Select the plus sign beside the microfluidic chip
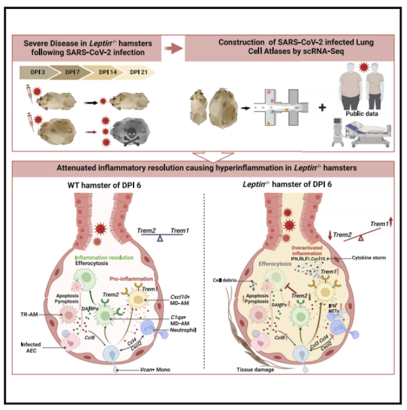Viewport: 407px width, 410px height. pyautogui.click(x=321, y=108)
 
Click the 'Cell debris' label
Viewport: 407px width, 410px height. pyautogui.click(x=230, y=281)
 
